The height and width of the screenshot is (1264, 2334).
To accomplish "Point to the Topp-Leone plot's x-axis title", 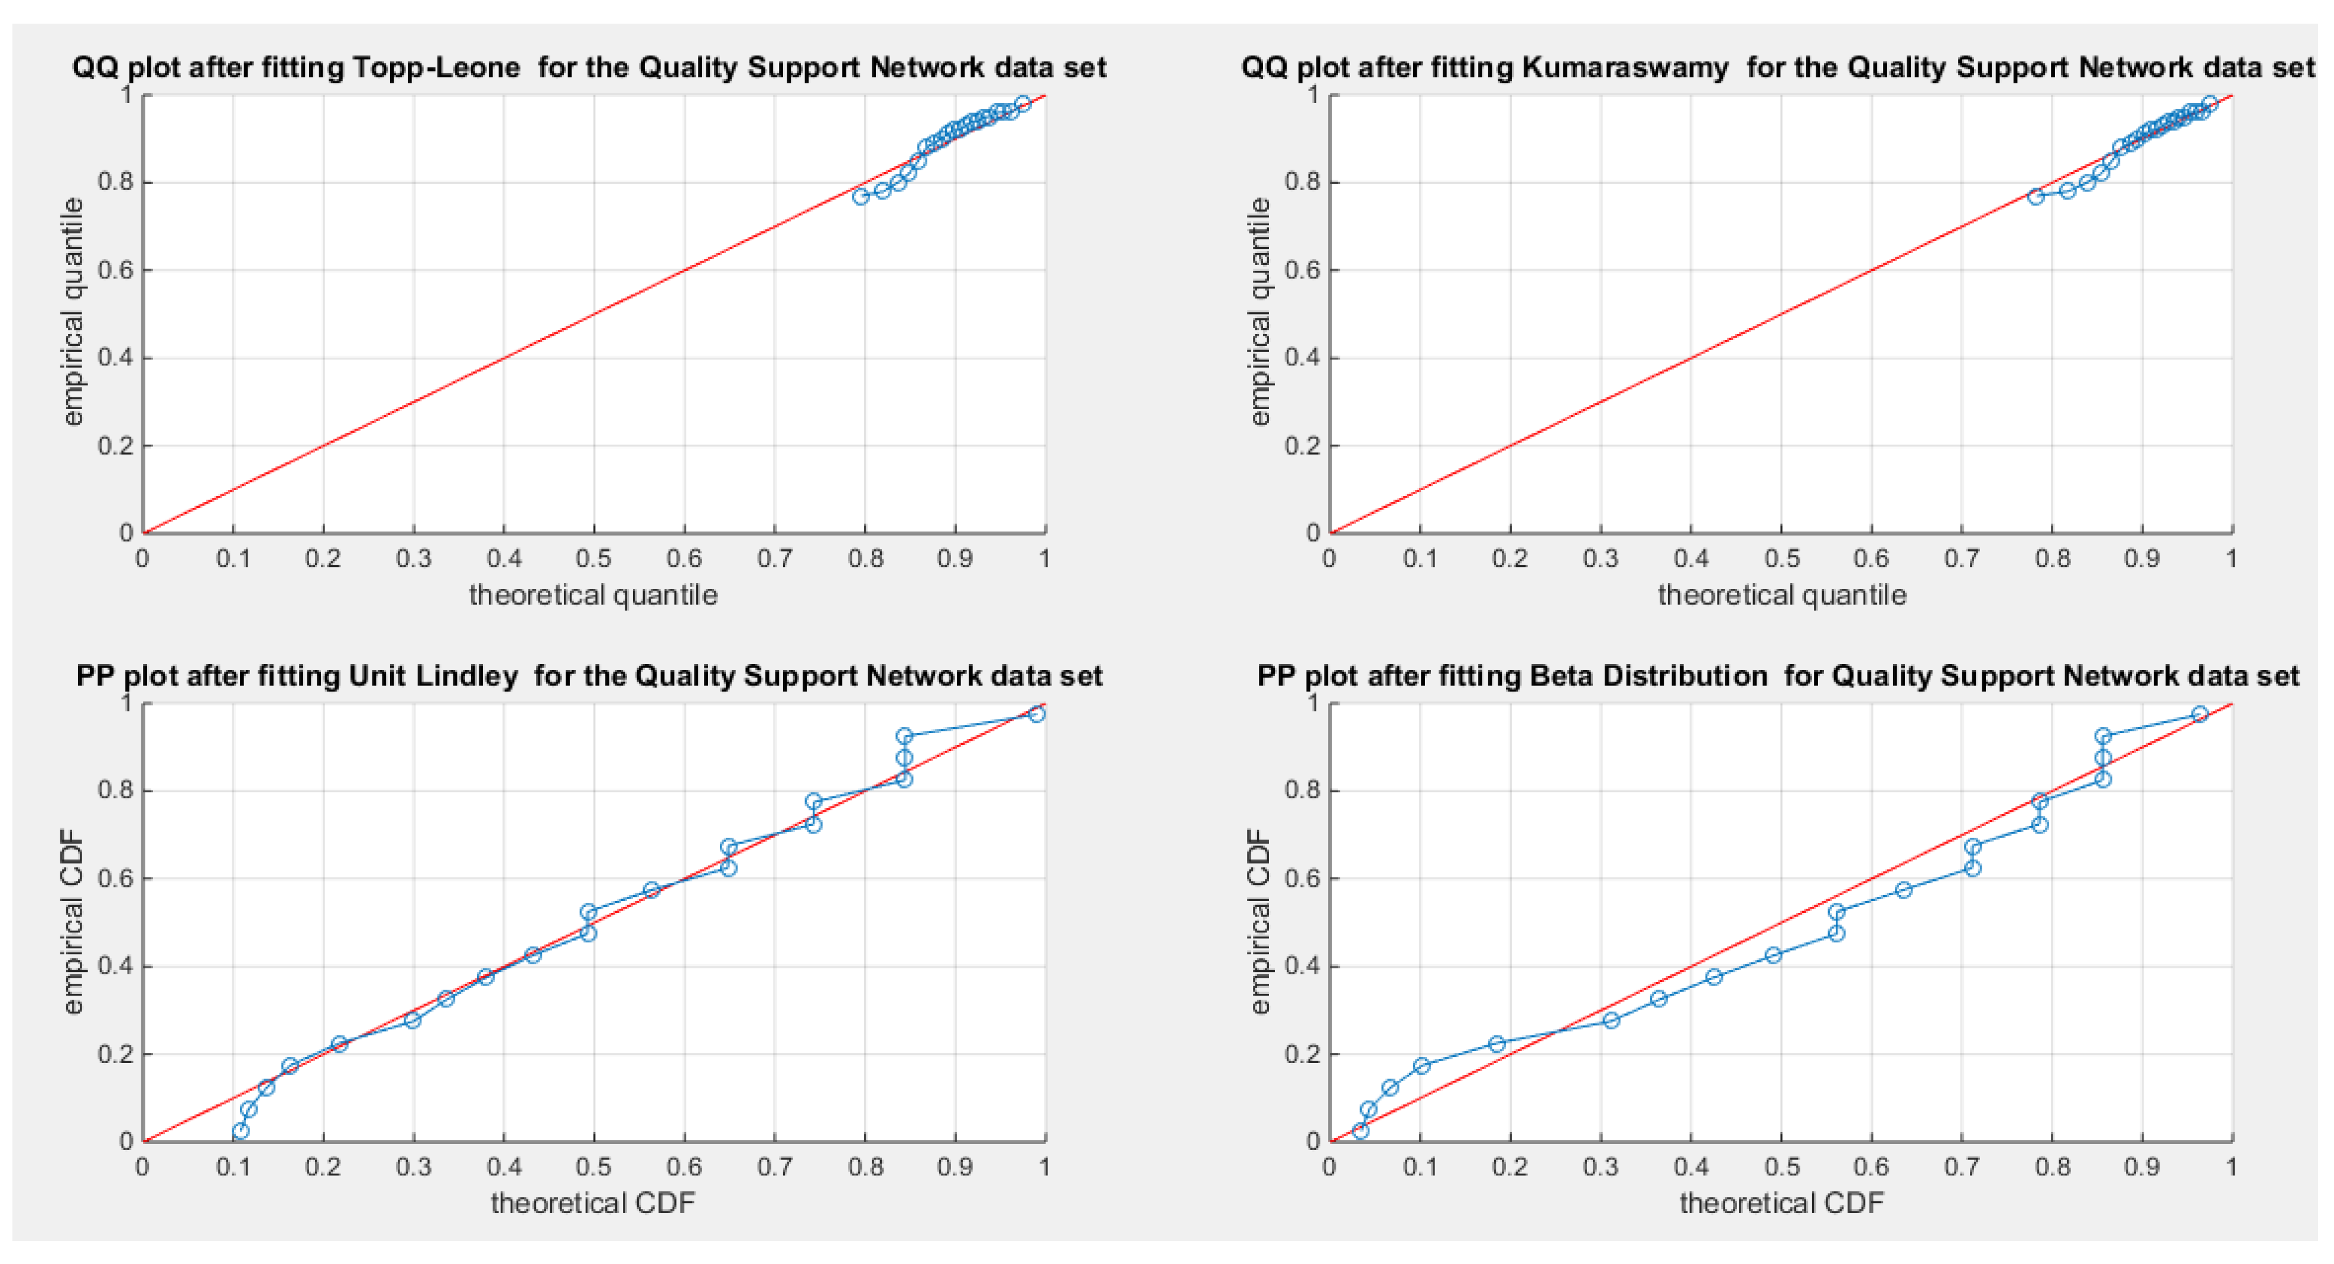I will point(593,595).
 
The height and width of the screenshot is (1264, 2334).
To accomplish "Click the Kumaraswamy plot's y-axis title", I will point(1260,313).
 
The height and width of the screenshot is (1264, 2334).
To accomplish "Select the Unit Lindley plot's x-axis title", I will point(593,1203).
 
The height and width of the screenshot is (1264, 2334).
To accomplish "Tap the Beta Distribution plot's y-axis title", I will point(1260,922).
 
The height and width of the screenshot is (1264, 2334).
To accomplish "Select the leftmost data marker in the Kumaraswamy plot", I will point(2036,197).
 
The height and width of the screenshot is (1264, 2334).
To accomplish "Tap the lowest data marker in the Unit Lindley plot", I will point(240,1131).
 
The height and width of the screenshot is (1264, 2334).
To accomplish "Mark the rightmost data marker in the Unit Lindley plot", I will point(1037,714).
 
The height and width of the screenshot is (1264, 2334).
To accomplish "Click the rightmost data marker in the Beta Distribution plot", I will point(2200,714).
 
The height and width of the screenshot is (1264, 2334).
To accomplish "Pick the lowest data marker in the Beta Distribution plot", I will point(1360,1131).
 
